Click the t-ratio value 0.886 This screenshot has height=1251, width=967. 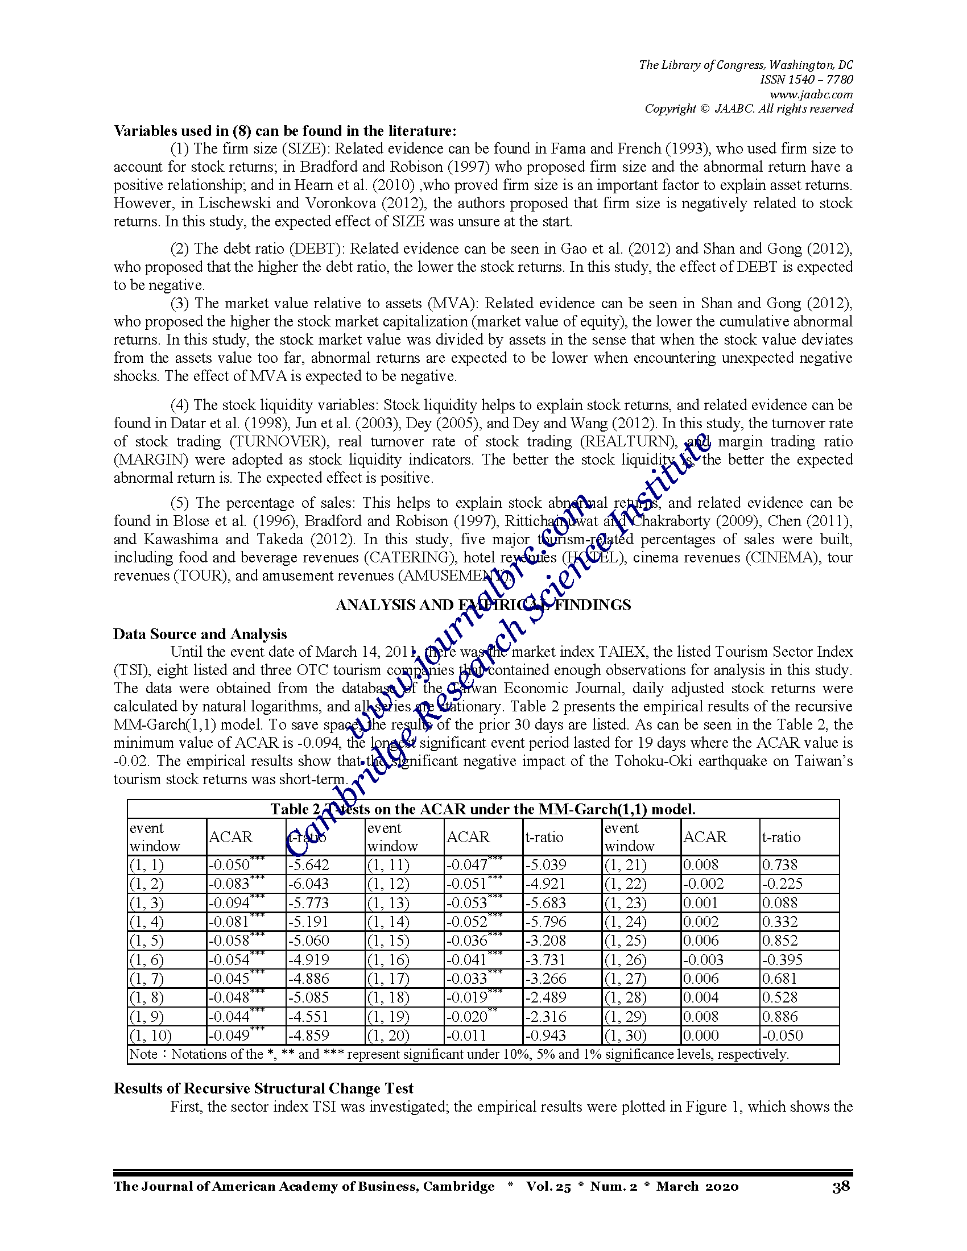779,1017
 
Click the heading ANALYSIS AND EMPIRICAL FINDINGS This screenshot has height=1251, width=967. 483,605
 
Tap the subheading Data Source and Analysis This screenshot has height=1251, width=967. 200,634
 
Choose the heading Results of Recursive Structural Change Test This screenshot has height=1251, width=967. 263,1088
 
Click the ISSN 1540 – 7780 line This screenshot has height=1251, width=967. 806,80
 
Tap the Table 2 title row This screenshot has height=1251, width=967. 483,809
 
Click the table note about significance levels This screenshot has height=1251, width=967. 458,1054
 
